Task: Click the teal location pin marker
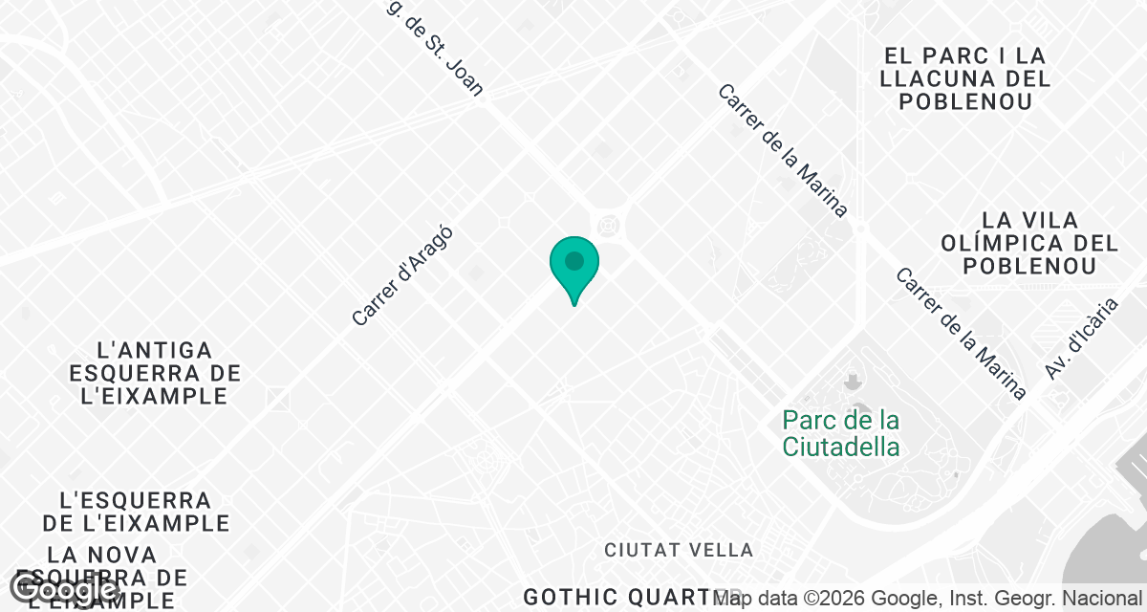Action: (573, 265)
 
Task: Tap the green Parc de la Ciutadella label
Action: (840, 433)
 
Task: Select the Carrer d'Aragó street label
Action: (401, 276)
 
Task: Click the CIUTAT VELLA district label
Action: (679, 550)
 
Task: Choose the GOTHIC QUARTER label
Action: (631, 596)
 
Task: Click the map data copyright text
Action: (927, 599)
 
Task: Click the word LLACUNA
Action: (965, 78)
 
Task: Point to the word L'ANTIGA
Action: (155, 350)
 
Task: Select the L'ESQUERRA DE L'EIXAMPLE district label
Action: (135, 512)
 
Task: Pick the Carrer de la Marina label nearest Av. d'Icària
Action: (960, 333)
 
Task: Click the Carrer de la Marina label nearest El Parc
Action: (783, 151)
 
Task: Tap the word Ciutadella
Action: (840, 447)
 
